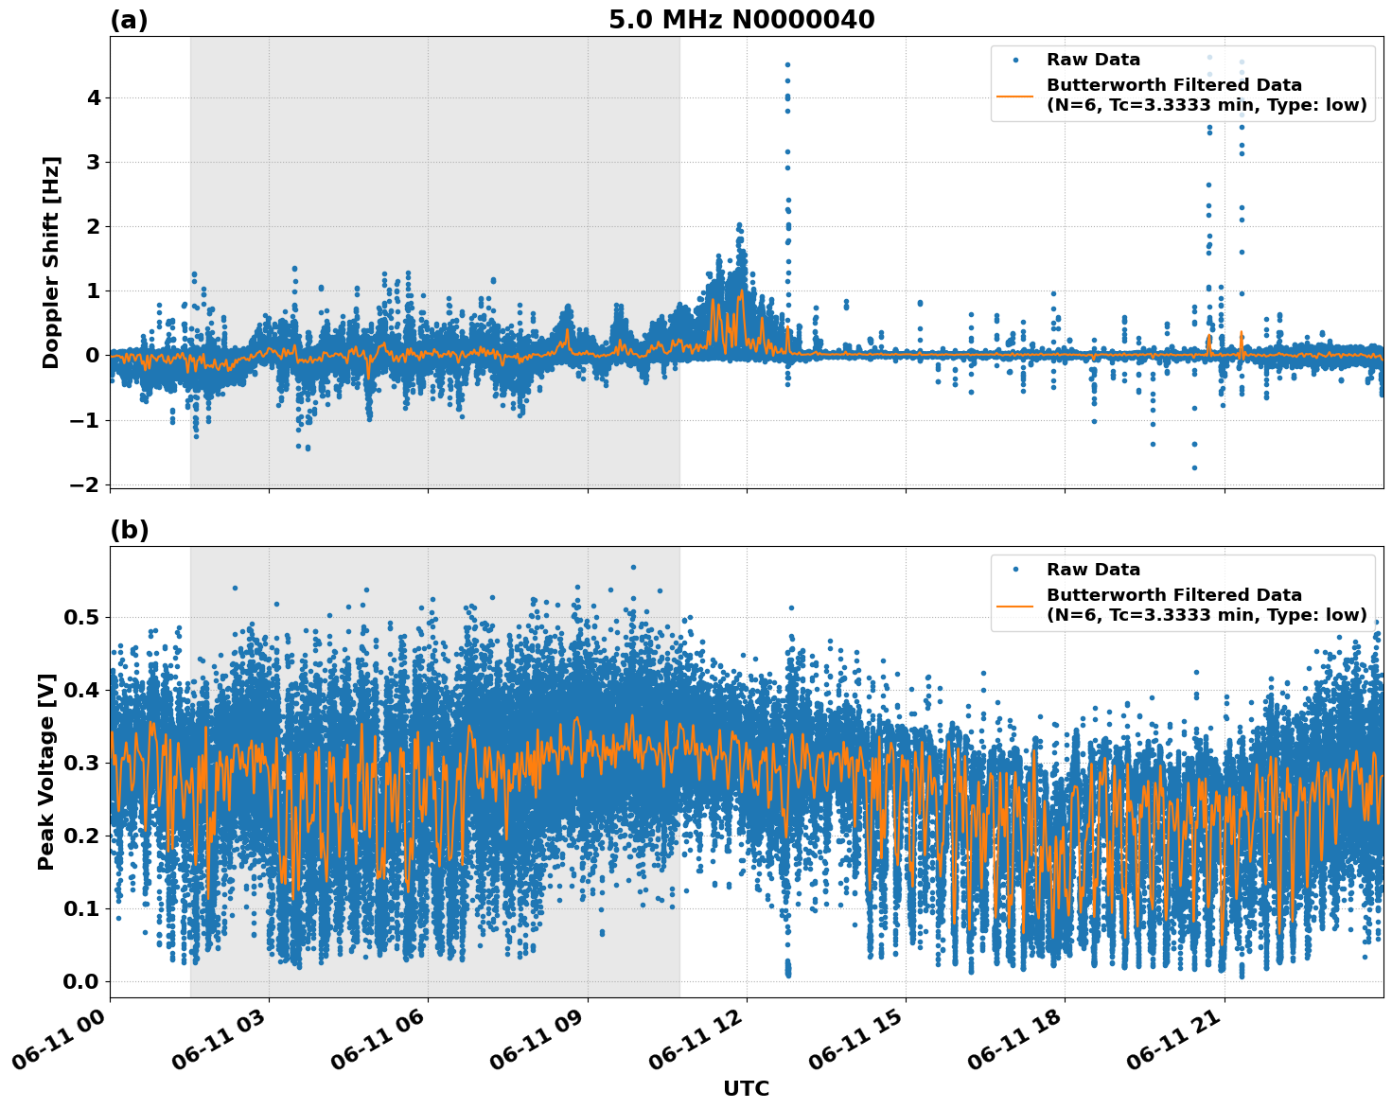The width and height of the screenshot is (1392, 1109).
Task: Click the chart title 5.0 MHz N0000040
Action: tap(741, 20)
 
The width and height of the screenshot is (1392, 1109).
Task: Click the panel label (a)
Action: tap(129, 20)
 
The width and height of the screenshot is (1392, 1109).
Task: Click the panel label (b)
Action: tap(129, 530)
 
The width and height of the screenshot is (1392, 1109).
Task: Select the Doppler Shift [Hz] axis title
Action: tap(51, 262)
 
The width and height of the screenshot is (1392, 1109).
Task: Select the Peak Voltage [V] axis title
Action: tap(46, 771)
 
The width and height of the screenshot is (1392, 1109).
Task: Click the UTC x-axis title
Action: tap(746, 1088)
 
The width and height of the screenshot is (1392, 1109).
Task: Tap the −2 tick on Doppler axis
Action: tap(85, 484)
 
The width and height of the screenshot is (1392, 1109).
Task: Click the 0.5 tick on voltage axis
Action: tap(81, 617)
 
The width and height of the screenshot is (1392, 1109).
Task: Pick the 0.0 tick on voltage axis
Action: tap(81, 981)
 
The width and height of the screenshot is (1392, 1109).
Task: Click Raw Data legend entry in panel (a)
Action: tap(1093, 61)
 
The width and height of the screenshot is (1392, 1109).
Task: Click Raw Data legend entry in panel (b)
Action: tap(1093, 570)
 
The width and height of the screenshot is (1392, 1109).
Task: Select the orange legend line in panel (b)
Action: tap(1016, 605)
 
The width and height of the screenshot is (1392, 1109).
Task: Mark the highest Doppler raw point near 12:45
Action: tap(786, 64)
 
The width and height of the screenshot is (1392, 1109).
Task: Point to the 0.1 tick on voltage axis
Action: tap(81, 908)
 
